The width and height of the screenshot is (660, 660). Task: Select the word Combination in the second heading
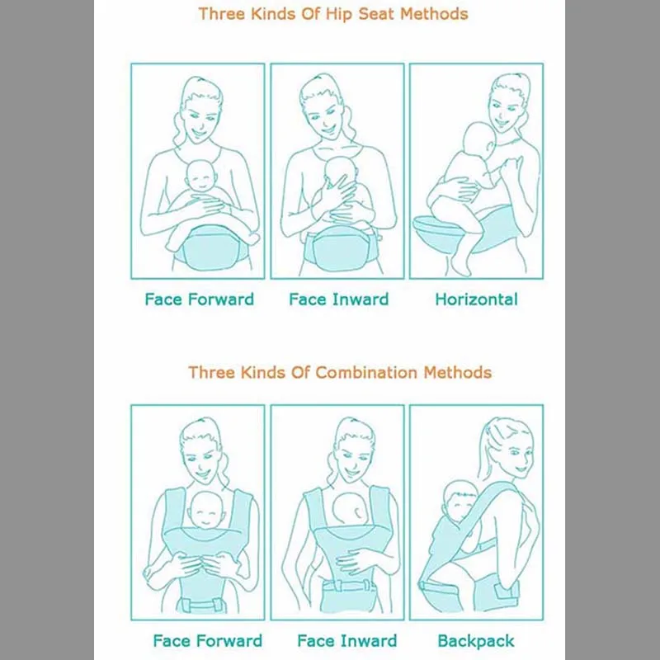click(357, 372)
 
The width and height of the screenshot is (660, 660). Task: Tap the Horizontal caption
click(476, 299)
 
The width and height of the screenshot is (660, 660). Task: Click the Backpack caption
click(476, 641)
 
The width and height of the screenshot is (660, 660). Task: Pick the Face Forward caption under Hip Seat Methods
click(199, 299)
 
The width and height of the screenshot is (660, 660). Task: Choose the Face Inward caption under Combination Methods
click(346, 641)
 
